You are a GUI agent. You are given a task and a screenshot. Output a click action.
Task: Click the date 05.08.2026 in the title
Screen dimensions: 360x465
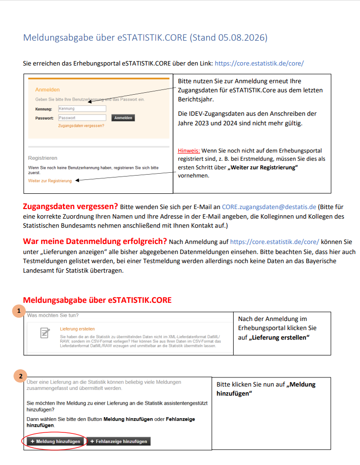pyautogui.click(x=241, y=38)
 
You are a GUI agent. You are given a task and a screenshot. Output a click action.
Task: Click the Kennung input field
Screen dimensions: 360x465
pyautogui.click(x=82, y=109)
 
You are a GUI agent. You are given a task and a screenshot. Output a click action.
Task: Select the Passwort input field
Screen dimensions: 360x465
pyautogui.click(x=82, y=118)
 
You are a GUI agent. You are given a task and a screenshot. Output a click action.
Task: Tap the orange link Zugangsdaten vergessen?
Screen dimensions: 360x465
pyautogui.click(x=81, y=126)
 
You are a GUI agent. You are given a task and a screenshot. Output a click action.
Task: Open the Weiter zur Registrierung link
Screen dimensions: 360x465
pyautogui.click(x=50, y=181)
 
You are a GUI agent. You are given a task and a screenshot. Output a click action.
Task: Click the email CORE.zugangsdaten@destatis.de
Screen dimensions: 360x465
pyautogui.click(x=269, y=207)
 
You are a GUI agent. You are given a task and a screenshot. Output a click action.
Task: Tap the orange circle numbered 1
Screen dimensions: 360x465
pyautogui.click(x=19, y=311)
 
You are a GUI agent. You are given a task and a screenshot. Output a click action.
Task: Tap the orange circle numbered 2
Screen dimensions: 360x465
pyautogui.click(x=21, y=376)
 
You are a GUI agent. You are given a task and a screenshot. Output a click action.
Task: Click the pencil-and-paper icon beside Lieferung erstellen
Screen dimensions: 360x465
pyautogui.click(x=45, y=333)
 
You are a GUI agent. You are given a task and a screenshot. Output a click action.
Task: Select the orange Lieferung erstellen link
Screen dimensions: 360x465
pyautogui.click(x=77, y=329)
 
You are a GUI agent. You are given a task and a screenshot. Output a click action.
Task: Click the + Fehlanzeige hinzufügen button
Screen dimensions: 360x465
pyautogui.click(x=119, y=441)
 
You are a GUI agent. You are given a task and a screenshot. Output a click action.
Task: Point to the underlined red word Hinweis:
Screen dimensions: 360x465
pyautogui.click(x=189, y=151)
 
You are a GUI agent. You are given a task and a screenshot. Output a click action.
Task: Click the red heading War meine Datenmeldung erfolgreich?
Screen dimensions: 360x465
pyautogui.click(x=95, y=242)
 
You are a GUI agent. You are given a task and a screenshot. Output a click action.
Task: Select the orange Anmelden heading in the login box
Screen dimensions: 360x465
pyautogui.click(x=47, y=89)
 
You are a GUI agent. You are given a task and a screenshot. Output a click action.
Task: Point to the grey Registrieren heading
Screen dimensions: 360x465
pyautogui.click(x=43, y=158)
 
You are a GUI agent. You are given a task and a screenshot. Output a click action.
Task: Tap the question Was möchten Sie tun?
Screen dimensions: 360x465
pyautogui.click(x=53, y=315)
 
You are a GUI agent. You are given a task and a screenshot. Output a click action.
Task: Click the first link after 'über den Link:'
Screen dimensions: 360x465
pyautogui.click(x=259, y=64)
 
